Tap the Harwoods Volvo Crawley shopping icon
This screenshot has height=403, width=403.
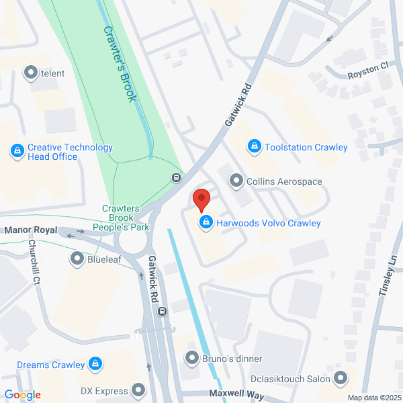click(x=207, y=223)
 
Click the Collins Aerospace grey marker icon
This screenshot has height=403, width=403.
click(x=236, y=181)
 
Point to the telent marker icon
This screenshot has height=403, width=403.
click(x=31, y=73)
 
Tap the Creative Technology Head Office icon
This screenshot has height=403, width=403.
click(x=17, y=152)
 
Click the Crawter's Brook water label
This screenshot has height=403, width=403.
click(x=120, y=64)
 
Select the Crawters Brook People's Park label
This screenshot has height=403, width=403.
click(x=126, y=218)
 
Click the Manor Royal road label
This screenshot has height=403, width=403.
click(x=31, y=230)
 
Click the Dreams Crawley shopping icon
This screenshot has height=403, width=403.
click(x=95, y=365)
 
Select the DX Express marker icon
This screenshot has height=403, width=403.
click(x=138, y=390)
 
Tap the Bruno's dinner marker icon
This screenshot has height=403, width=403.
click(x=192, y=359)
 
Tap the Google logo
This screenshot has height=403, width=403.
click(x=22, y=395)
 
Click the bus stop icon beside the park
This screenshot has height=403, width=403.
click(x=176, y=178)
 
